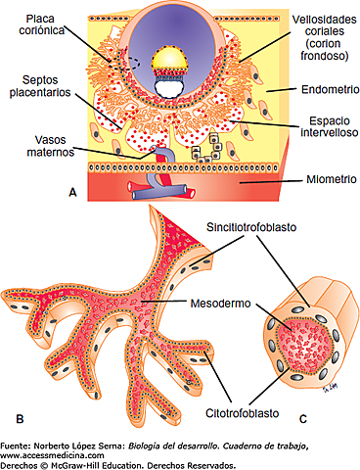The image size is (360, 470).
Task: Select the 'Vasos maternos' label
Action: (32, 145)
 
